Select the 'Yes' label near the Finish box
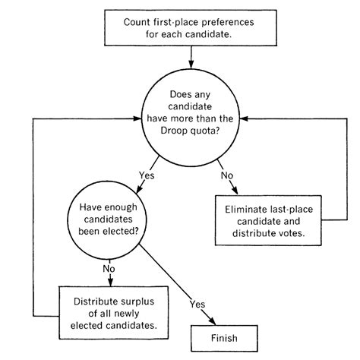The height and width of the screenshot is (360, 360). pyautogui.click(x=197, y=304)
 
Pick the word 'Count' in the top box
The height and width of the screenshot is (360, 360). pyautogui.click(x=137, y=21)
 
